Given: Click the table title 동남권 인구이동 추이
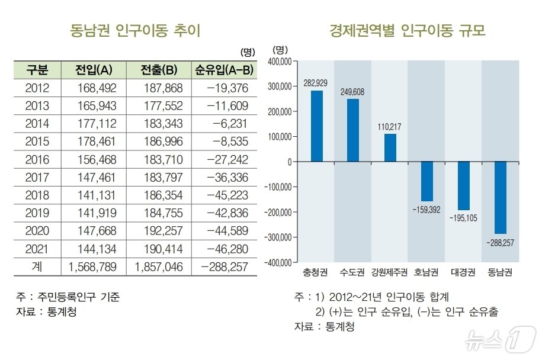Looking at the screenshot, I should point(136,30).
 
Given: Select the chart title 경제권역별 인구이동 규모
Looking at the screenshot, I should point(408,30).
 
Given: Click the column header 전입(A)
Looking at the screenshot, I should point(94,70).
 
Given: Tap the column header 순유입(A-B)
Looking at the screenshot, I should point(224,70).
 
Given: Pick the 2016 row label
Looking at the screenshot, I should point(37,160).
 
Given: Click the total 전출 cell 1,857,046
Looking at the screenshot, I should point(159,267).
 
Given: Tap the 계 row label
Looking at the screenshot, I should point(37,267).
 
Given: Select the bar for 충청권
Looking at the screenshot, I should point(317,126).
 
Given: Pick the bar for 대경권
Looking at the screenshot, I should point(464,186).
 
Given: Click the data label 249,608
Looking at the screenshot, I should point(353,92).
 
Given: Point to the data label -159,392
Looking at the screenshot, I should point(426,210).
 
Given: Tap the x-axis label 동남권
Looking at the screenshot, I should point(500,273).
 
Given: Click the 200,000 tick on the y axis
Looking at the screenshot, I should point(279,111).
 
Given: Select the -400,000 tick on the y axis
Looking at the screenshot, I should point(278,262).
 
